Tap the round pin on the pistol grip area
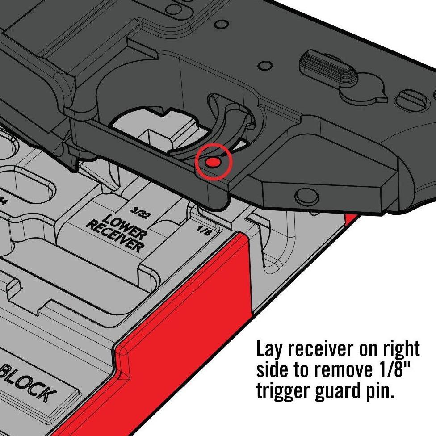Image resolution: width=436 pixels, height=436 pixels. click(x=306, y=195)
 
